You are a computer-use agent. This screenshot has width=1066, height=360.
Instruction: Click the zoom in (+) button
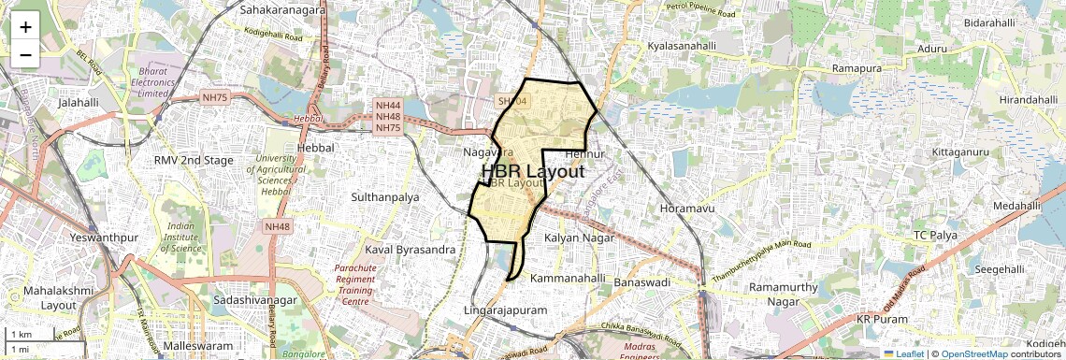click(25, 26)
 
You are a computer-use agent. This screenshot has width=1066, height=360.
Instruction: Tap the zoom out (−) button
click(25, 54)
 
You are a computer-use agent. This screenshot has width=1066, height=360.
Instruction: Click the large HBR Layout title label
click(533, 172)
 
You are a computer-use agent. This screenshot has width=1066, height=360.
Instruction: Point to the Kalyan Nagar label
click(580, 238)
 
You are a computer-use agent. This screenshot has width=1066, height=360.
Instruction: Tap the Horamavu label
click(687, 208)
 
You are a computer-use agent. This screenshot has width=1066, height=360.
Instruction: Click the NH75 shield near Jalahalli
click(214, 97)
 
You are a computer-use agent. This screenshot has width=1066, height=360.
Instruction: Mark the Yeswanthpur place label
click(104, 238)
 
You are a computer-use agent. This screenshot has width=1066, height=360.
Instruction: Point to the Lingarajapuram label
click(505, 309)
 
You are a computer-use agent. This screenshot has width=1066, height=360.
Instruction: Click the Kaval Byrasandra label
click(410, 250)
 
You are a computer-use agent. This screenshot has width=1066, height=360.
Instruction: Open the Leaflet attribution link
click(903, 353)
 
